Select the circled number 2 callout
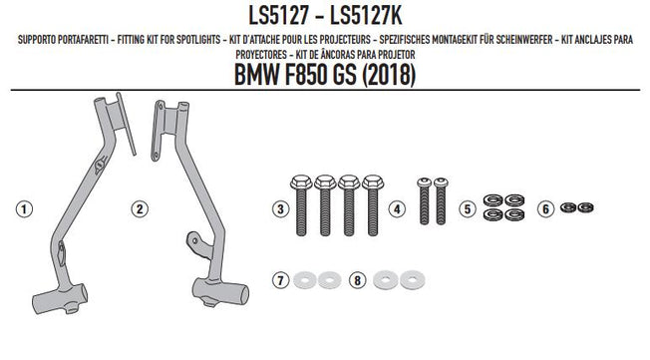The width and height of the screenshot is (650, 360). [x=142, y=209]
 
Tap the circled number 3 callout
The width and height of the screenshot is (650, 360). [x=281, y=209]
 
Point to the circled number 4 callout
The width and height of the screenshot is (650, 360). [x=398, y=209]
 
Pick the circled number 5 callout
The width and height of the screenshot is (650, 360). [x=467, y=209]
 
